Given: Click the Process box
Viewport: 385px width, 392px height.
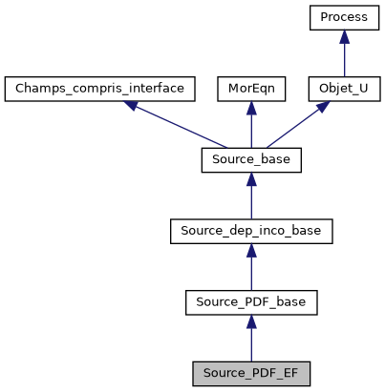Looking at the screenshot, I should [x=343, y=18].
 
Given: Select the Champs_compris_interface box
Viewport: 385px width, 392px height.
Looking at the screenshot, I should [x=100, y=90].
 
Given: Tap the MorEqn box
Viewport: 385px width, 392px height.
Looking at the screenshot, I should [x=251, y=90].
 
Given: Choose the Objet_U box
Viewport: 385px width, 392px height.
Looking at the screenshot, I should [x=343, y=90].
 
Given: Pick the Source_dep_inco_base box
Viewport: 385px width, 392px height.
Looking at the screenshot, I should [x=251, y=232].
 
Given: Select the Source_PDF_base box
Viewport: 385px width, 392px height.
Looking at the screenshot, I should [x=251, y=303].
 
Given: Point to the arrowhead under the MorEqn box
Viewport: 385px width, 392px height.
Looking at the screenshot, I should [x=251, y=110].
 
